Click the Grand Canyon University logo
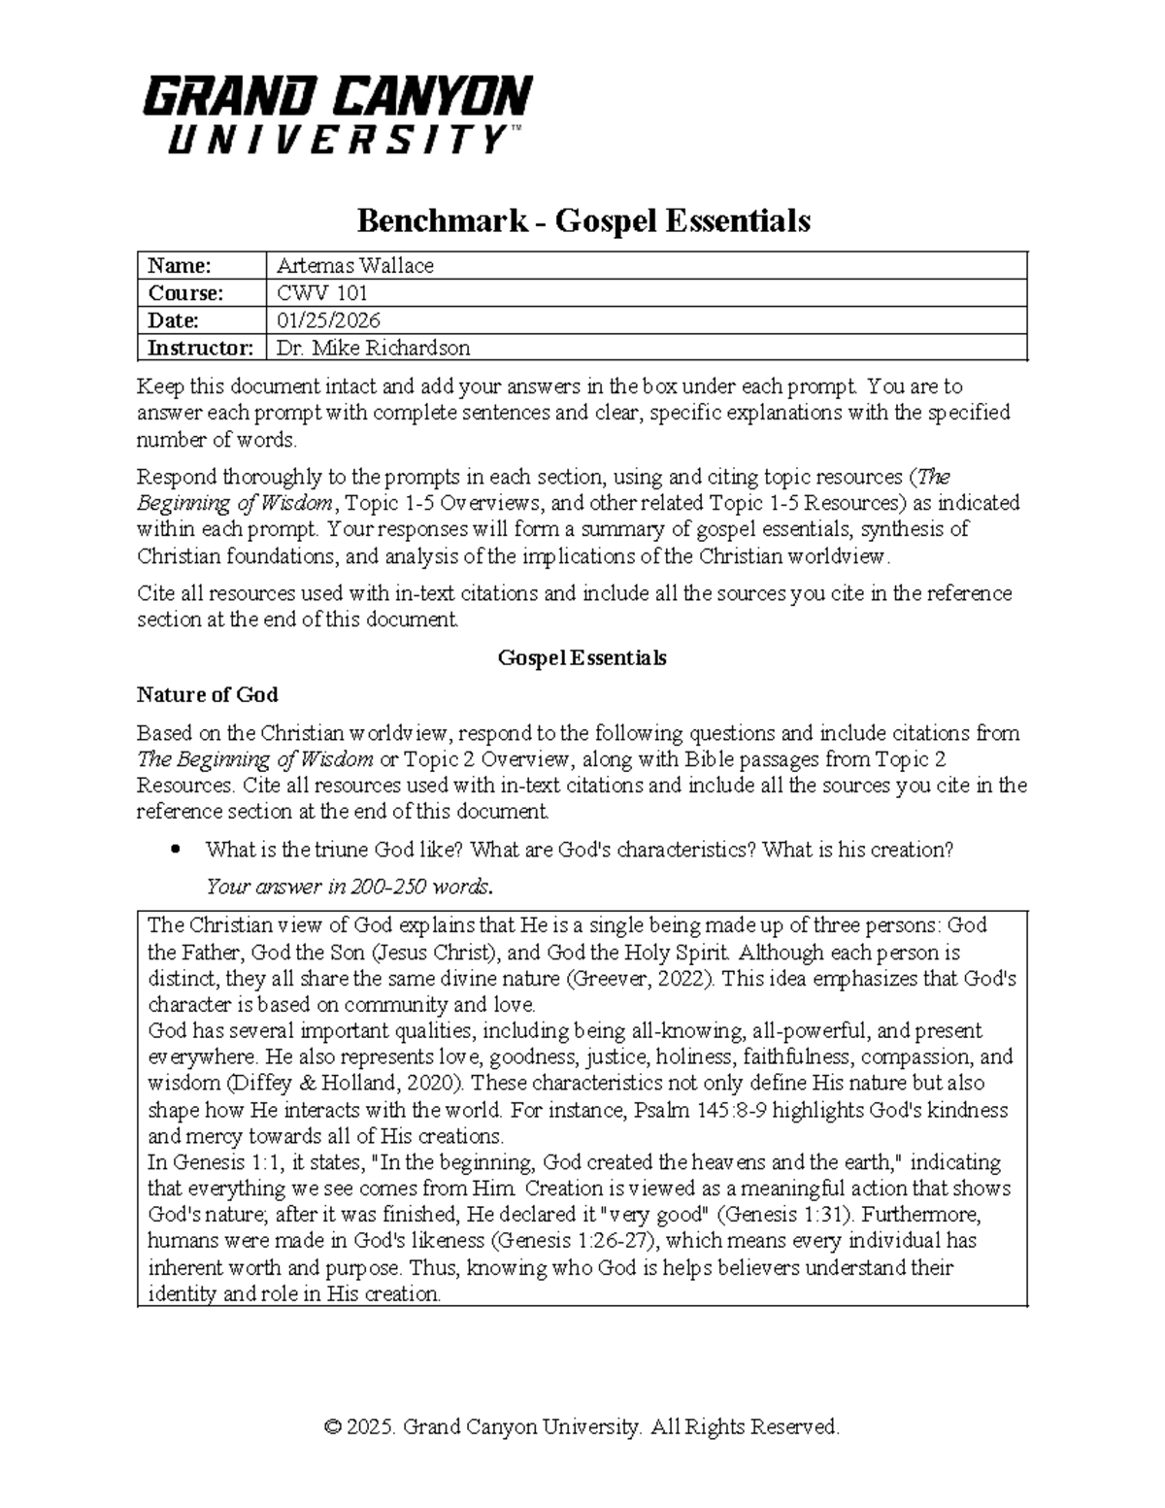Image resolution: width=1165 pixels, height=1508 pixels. coord(337,115)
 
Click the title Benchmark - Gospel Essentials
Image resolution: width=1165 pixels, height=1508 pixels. coord(582,221)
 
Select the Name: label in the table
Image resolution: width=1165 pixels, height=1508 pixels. coord(178,266)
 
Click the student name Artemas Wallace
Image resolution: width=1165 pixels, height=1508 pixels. coord(354,266)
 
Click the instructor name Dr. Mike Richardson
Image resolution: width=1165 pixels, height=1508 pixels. coord(373,348)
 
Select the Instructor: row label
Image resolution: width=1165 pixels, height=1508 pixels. coord(200,348)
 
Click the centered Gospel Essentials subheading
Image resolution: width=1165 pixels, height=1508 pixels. coord(582,657)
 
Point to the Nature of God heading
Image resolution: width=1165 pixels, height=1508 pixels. coord(207,694)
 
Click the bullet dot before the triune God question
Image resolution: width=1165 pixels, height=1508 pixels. coord(175,850)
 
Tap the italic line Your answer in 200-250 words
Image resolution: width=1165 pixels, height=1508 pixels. coord(349,887)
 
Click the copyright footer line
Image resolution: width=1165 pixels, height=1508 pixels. coord(582,1426)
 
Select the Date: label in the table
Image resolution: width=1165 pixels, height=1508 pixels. coord(173,320)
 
